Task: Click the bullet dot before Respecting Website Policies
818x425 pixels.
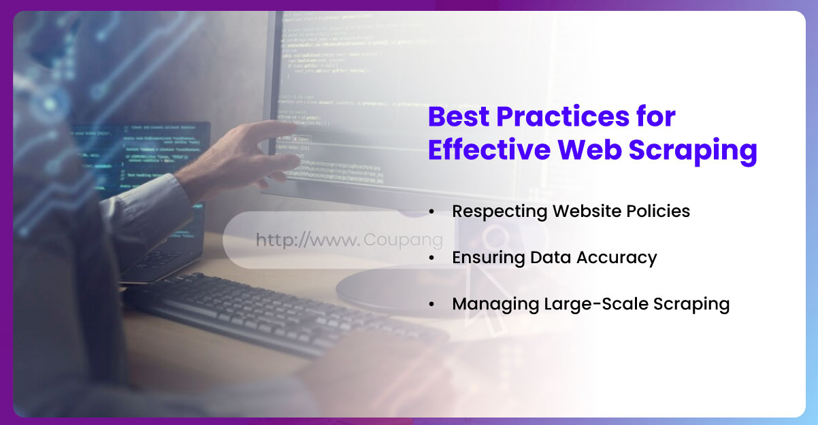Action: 432,212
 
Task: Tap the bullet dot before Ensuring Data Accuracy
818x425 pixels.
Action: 432,258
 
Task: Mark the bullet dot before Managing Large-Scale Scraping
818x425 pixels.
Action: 432,305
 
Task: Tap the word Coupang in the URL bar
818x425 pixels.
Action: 403,240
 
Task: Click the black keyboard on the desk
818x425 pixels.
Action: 272,313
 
